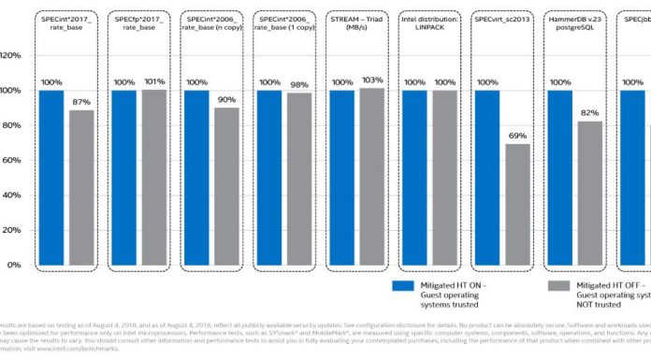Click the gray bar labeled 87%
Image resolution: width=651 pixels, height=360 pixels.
tap(82, 187)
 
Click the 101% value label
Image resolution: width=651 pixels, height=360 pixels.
tap(154, 81)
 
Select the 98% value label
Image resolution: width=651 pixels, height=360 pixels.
tap(298, 83)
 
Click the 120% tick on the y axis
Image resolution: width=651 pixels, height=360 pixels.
tap(11, 55)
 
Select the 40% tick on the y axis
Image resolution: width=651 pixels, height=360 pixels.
tap(11, 195)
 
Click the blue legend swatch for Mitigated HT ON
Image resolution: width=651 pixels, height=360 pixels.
tap(403, 286)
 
